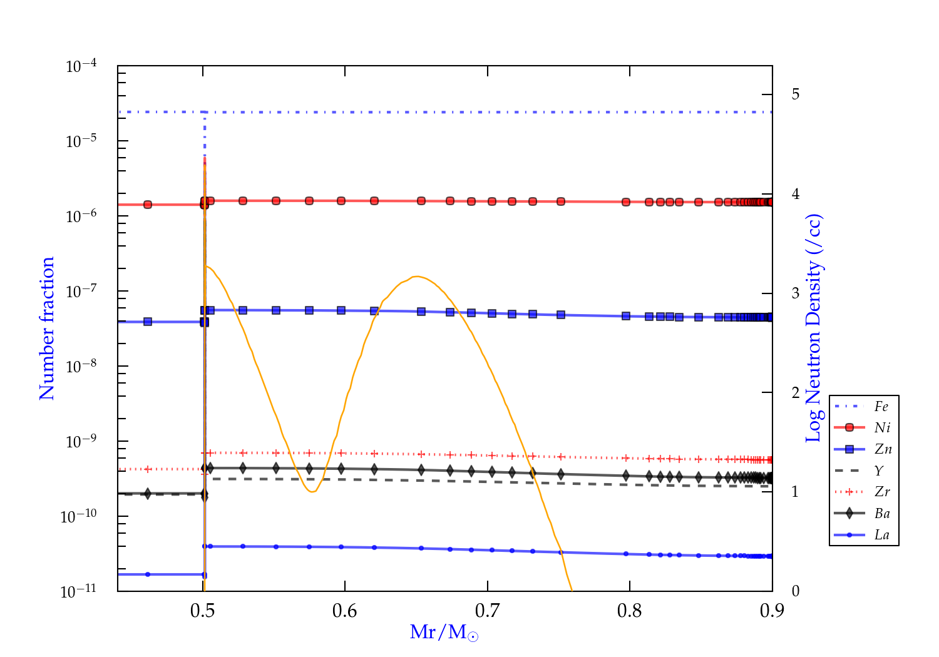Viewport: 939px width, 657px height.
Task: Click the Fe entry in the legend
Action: click(x=881, y=407)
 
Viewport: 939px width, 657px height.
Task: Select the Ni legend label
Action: click(x=882, y=428)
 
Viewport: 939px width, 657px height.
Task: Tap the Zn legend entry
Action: click(x=883, y=449)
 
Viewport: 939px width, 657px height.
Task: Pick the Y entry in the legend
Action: click(x=879, y=471)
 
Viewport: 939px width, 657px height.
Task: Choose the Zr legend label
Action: click(x=882, y=492)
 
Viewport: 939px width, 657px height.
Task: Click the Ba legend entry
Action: click(x=882, y=514)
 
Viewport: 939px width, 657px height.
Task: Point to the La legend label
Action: click(x=881, y=535)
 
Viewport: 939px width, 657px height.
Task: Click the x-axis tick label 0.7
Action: click(x=487, y=611)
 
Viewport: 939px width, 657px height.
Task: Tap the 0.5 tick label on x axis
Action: click(x=203, y=611)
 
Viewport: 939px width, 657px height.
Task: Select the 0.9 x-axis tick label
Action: click(x=772, y=611)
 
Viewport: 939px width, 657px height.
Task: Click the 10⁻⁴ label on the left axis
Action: click(x=81, y=66)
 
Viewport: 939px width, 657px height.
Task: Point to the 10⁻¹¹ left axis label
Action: click(x=79, y=591)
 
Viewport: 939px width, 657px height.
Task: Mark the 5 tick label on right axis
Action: click(x=796, y=94)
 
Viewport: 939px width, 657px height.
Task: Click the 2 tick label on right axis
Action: click(x=796, y=393)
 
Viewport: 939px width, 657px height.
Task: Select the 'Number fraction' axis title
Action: click(x=47, y=328)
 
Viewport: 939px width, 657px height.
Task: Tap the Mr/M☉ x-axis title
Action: click(x=444, y=633)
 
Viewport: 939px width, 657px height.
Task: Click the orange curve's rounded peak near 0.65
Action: click(x=416, y=277)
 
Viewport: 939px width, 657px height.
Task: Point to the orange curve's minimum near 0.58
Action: click(x=312, y=492)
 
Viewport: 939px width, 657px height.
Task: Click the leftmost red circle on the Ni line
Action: click(x=148, y=205)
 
